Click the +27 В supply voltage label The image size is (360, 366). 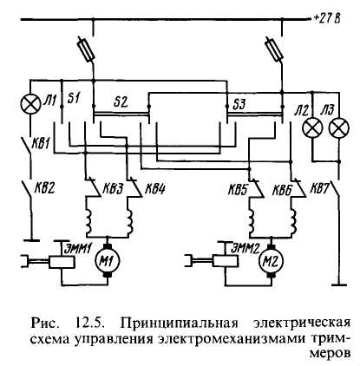327,19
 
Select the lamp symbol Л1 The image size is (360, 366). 30,104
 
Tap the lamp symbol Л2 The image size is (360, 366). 312,127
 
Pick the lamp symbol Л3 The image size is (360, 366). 339,127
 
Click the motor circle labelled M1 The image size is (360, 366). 107,262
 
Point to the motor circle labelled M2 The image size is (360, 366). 272,262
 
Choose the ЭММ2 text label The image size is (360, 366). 245,249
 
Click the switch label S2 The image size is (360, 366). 121,102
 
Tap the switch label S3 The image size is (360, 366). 239,104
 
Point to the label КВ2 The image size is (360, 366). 44,188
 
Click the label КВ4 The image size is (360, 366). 154,188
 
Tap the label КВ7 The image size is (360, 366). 319,188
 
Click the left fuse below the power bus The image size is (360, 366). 87,49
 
